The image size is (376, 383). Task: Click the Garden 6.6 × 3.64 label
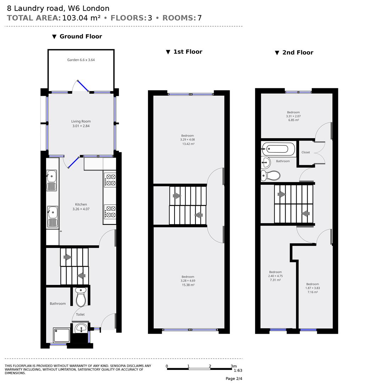pyautogui.click(x=81, y=60)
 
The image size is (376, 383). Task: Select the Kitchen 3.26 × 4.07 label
pyautogui.click(x=81, y=207)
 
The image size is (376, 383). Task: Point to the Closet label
pyautogui.click(x=305, y=152)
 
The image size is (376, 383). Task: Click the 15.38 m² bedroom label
pyautogui.click(x=188, y=281)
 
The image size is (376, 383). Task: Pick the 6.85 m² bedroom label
pyautogui.click(x=293, y=116)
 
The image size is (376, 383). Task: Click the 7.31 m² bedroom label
pyautogui.click(x=275, y=276)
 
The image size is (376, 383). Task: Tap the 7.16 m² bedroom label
pyautogui.click(x=313, y=288)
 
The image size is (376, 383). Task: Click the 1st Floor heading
pyautogui.click(x=184, y=52)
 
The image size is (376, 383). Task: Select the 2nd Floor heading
pyautogui.click(x=294, y=52)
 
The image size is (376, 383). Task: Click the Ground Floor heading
pyautogui.click(x=77, y=37)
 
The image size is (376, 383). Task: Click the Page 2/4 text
pyautogui.click(x=234, y=378)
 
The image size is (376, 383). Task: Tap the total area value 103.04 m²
pyautogui.click(x=81, y=18)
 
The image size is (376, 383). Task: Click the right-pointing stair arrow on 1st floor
pyautogui.click(x=176, y=196)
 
